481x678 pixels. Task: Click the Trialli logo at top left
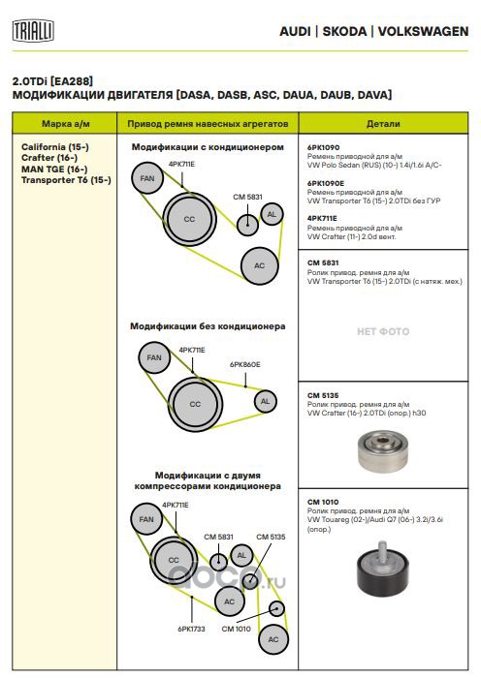pyautogui.click(x=33, y=30)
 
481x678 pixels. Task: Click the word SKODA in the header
pyautogui.click(x=344, y=32)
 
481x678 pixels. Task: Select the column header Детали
pyautogui.click(x=383, y=124)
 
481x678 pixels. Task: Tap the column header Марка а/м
pyautogui.click(x=65, y=124)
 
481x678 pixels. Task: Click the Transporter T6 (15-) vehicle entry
pyautogui.click(x=66, y=180)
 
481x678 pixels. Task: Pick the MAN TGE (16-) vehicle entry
pyautogui.click(x=54, y=169)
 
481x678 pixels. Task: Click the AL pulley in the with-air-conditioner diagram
pyautogui.click(x=272, y=214)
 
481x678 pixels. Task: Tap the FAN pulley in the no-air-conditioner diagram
pyautogui.click(x=154, y=357)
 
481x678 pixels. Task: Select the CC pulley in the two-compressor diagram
pyautogui.click(x=174, y=560)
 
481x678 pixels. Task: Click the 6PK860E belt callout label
pyautogui.click(x=245, y=364)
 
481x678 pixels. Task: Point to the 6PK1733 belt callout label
pyautogui.click(x=191, y=629)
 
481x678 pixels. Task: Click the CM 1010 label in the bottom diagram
pyautogui.click(x=236, y=629)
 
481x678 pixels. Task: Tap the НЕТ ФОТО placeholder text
pyautogui.click(x=383, y=331)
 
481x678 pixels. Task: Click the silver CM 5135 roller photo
pyautogui.click(x=383, y=451)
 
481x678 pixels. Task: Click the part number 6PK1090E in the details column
pyautogui.click(x=326, y=183)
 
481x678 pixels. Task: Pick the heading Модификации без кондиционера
pyautogui.click(x=208, y=326)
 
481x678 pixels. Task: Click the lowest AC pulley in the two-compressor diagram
pyautogui.click(x=273, y=639)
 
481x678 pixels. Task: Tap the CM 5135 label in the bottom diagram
pyautogui.click(x=271, y=537)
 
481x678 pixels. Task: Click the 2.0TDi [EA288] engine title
pyautogui.click(x=52, y=80)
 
